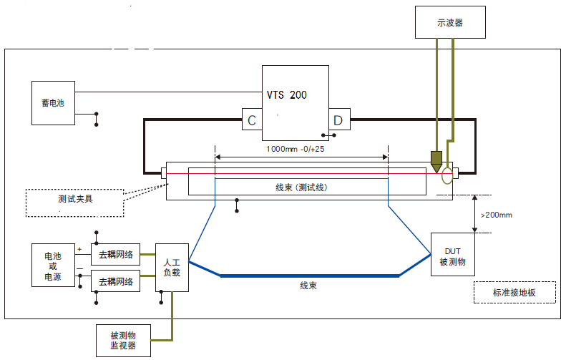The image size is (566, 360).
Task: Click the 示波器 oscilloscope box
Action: tap(450, 22)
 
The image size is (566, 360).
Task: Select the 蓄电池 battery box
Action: tap(53, 103)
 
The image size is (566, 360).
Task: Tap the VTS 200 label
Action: tap(287, 95)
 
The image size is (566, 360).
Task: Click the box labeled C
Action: tap(252, 120)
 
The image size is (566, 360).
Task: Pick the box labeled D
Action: tap(338, 120)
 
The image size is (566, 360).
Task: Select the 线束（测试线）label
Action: tap(301, 187)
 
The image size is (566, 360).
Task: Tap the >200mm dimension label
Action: tap(497, 214)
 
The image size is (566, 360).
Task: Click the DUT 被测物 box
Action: tap(453, 256)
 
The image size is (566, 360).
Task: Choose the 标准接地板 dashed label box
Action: tap(514, 292)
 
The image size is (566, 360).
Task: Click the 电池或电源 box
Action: tap(53, 266)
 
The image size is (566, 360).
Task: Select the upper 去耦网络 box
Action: tap(115, 253)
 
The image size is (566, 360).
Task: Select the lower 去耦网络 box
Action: tap(115, 281)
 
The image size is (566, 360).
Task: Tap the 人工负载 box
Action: tap(172, 268)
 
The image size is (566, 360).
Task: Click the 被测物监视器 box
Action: tap(122, 340)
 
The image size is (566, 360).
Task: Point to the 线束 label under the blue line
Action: tap(309, 286)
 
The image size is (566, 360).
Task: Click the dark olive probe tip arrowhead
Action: tap(436, 162)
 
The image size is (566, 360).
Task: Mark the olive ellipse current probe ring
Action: tap(449, 175)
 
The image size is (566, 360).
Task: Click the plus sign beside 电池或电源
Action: tap(79, 249)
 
